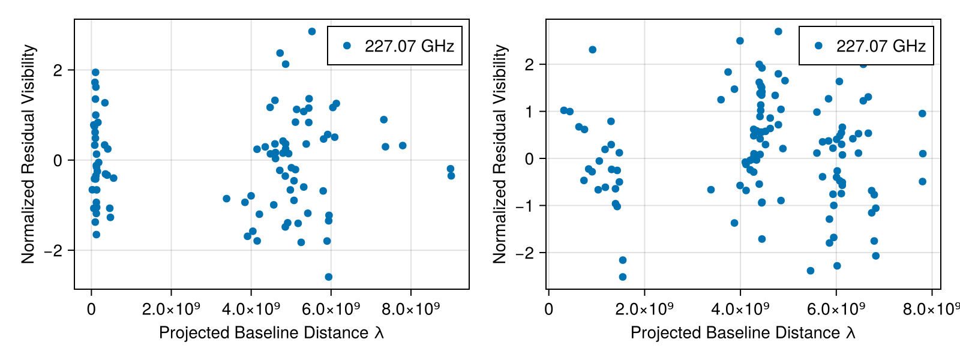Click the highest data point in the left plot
tap(312, 31)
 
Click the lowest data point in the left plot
tap(328, 277)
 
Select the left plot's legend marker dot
tap(347, 46)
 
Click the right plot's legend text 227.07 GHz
tap(881, 46)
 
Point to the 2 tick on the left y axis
tap(58, 70)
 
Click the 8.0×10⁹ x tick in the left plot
tap(410, 310)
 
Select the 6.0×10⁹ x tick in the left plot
tap(331, 310)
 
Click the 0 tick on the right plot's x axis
tap(548, 310)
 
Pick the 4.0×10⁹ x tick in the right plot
tap(740, 310)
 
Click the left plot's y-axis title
tap(28, 154)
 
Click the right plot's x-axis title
tap(743, 332)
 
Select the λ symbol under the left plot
tap(379, 332)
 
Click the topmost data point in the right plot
tap(778, 31)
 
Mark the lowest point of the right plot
tap(623, 277)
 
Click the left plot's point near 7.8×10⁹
tap(403, 146)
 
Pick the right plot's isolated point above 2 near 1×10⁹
tap(593, 50)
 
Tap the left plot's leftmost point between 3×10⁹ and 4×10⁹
tap(226, 199)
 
